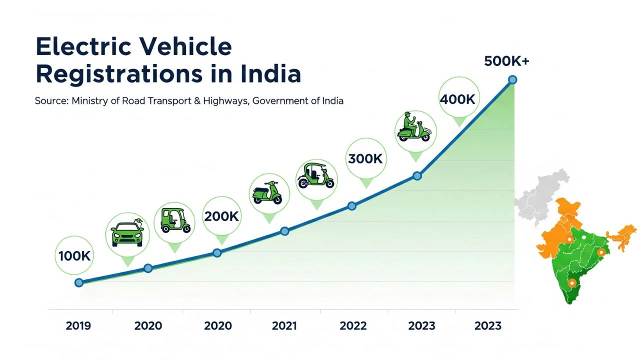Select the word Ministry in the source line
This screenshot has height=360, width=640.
coord(89,100)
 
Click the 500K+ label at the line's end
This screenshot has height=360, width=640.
coord(506,61)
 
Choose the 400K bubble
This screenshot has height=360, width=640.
coord(457,99)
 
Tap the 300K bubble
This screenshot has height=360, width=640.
coord(365,159)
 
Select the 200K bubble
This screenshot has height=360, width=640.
coord(221,216)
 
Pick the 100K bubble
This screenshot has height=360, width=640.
coord(74,256)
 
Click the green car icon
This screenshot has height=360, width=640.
coord(127,233)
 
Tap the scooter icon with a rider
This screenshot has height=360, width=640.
coord(413,128)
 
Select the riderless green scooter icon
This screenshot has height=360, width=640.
coord(267,192)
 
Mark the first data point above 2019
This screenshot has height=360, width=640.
coord(78,282)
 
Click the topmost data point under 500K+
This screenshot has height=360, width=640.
coord(512,79)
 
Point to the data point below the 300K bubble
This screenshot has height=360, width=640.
coord(351,206)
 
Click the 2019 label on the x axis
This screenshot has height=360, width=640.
coord(78,326)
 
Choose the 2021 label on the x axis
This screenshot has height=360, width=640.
coord(284,326)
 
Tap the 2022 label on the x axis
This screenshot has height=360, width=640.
coord(353,326)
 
